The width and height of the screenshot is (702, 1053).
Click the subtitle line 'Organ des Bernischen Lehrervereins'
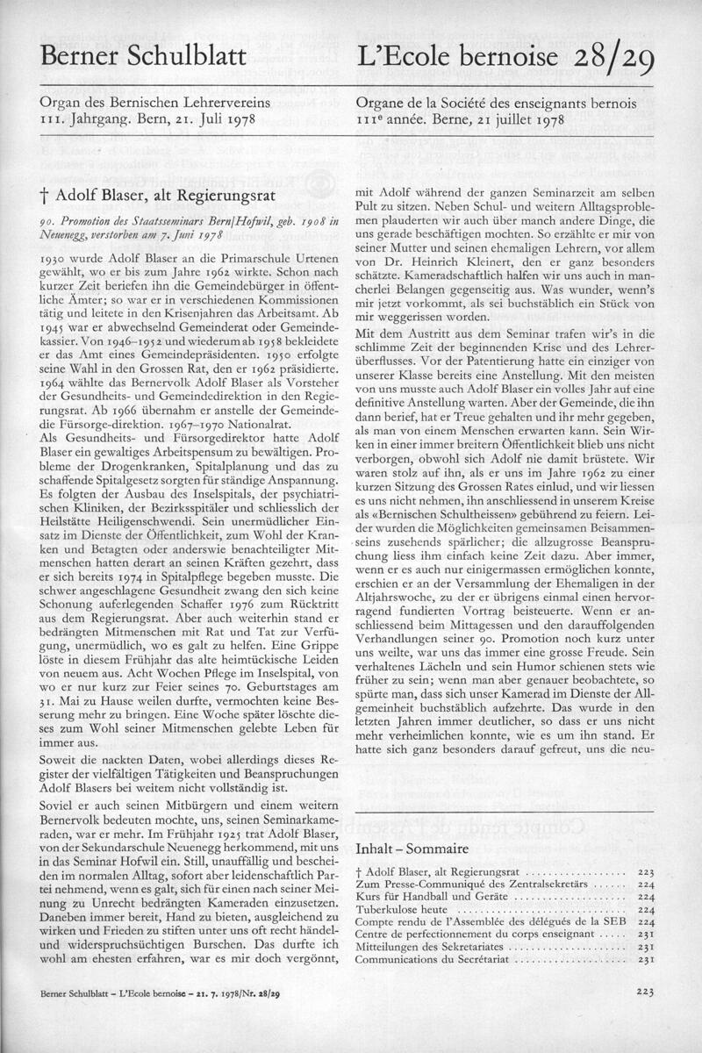click(152, 104)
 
